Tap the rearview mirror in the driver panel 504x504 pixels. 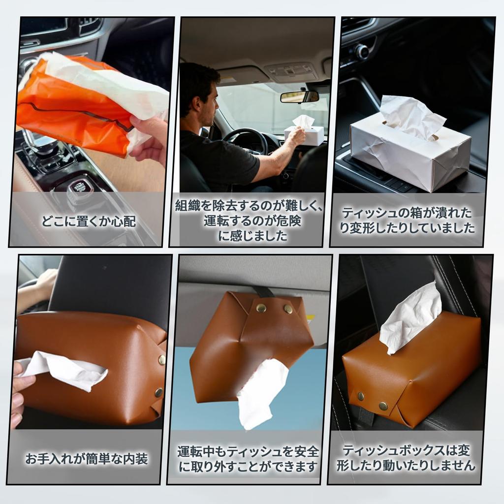[299, 96]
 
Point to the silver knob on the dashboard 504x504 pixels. [362, 51]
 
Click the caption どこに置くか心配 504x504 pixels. [89, 221]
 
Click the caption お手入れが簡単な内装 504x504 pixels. [87, 459]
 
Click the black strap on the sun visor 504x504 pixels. [264, 292]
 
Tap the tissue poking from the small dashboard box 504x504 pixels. [303, 121]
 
